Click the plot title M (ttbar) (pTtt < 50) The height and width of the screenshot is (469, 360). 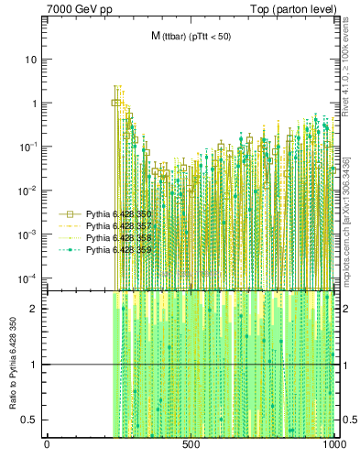point(191,36)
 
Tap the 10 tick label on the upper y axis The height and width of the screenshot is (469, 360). point(30,60)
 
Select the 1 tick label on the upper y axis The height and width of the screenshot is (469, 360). point(34,104)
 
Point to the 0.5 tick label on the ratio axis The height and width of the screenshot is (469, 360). point(30,420)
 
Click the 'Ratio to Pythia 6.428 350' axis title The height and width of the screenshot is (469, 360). point(13,365)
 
